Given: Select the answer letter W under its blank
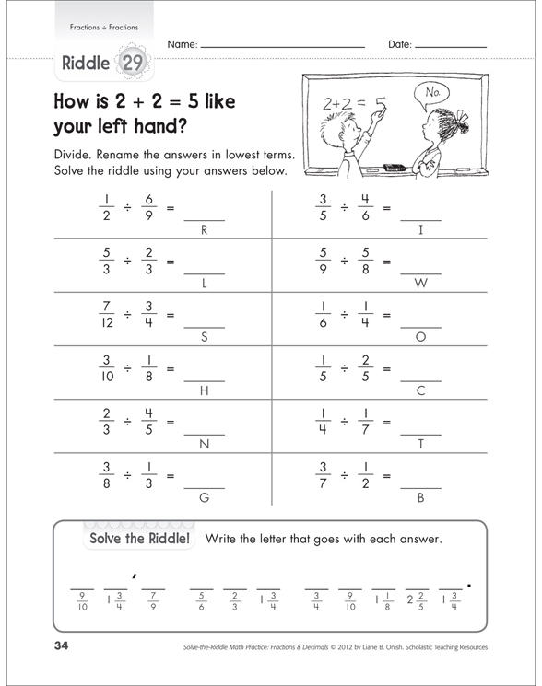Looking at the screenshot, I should (420, 282).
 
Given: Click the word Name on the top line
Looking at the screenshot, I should (182, 44).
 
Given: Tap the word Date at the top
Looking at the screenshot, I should (400, 44).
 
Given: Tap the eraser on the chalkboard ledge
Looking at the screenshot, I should (394, 168).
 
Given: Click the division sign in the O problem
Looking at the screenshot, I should (343, 316).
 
